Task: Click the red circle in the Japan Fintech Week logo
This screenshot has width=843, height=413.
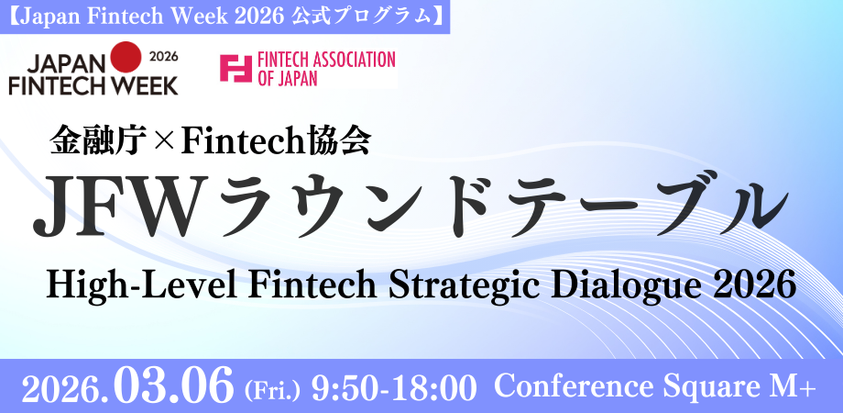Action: coord(126,57)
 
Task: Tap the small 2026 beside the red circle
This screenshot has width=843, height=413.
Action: coord(162,57)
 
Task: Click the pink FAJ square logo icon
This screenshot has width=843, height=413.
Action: coord(235,69)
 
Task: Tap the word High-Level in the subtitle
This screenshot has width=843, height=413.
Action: coord(142,285)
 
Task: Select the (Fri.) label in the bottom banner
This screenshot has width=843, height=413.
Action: coord(270,390)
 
